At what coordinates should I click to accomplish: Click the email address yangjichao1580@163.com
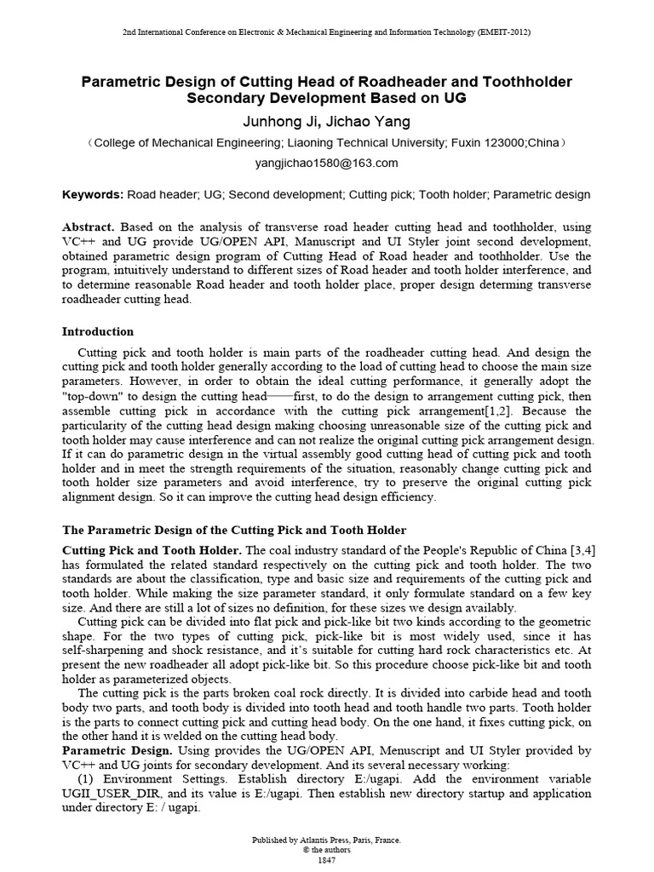(x=326, y=163)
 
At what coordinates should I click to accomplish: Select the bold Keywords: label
(x=93, y=195)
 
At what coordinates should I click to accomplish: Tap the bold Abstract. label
(x=89, y=228)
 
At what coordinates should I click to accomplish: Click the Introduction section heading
(x=98, y=331)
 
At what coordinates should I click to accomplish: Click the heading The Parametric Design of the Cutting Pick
(x=235, y=531)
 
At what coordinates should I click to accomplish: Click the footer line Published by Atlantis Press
(x=326, y=840)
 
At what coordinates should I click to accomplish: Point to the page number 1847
(x=326, y=860)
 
